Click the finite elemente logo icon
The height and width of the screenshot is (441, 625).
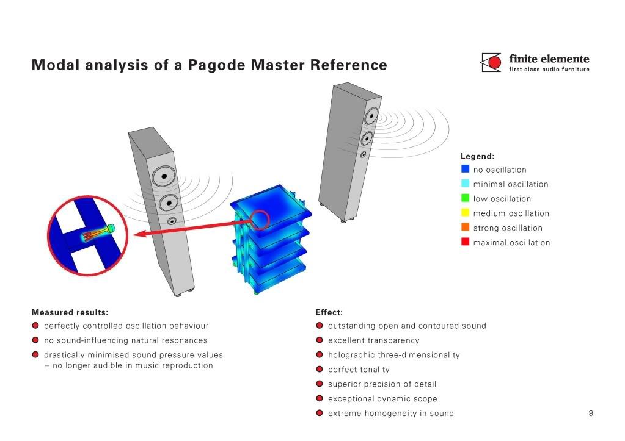pos(491,63)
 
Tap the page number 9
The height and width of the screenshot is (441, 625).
pos(591,413)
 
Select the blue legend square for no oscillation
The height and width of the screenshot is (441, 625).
pos(465,169)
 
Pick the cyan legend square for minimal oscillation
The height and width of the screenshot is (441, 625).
pos(465,184)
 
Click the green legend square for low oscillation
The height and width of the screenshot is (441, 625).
pos(465,198)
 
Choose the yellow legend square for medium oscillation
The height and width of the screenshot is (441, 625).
pos(465,213)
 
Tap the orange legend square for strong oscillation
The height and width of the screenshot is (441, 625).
pos(465,228)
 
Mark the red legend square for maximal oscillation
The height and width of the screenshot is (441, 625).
pos(465,242)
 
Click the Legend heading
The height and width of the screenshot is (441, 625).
pos(477,156)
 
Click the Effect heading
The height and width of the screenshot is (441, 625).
pos(329,312)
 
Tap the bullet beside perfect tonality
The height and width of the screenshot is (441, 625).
pos(320,370)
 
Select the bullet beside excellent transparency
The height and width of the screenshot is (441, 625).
pos(320,340)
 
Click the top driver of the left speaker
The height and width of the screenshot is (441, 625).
pos(164,177)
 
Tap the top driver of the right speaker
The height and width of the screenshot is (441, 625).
pos(371,116)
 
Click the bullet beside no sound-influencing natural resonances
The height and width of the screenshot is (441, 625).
pos(35,340)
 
